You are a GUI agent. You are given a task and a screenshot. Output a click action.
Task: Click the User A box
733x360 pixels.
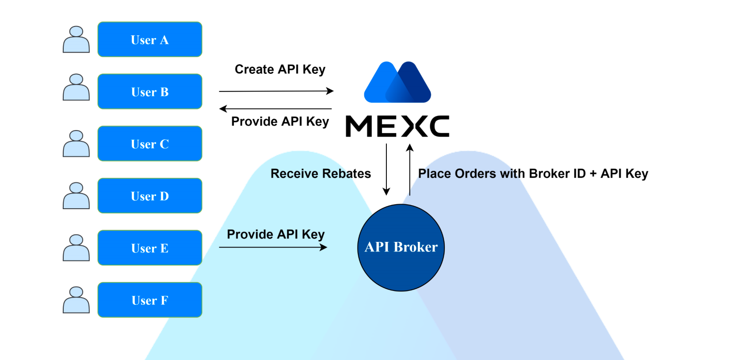pos(150,39)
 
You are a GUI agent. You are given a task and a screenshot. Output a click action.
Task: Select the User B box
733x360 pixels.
pos(150,92)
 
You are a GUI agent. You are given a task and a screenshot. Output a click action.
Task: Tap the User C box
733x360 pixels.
pos(150,144)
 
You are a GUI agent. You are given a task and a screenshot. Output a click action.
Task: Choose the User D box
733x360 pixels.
pos(150,196)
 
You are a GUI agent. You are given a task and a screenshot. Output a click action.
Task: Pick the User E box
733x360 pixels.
pos(150,248)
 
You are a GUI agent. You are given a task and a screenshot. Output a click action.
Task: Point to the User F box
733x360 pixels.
pos(150,300)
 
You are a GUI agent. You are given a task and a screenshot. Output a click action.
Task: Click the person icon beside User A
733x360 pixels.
pos(76,40)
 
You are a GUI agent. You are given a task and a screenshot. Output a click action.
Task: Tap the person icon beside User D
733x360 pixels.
pos(76,196)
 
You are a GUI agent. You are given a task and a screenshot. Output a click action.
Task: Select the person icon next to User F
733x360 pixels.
pos(76,300)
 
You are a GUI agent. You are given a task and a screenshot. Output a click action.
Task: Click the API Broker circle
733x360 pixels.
pos(401,248)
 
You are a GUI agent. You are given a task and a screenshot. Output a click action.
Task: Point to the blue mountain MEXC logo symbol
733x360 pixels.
pos(397,83)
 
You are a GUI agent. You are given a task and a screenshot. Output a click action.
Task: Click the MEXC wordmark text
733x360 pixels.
pos(397,126)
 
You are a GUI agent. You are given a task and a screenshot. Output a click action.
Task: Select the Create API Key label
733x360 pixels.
pos(280,69)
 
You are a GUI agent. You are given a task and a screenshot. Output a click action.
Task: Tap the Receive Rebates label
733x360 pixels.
pos(321,173)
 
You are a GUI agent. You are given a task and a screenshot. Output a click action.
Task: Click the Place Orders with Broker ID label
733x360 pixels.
pos(533,173)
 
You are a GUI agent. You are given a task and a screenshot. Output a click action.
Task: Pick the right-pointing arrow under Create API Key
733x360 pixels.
pos(276,91)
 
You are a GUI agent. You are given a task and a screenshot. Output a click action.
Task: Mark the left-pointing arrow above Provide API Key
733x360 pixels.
pos(276,109)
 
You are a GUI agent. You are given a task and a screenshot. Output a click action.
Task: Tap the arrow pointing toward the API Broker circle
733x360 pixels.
pos(273,247)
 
